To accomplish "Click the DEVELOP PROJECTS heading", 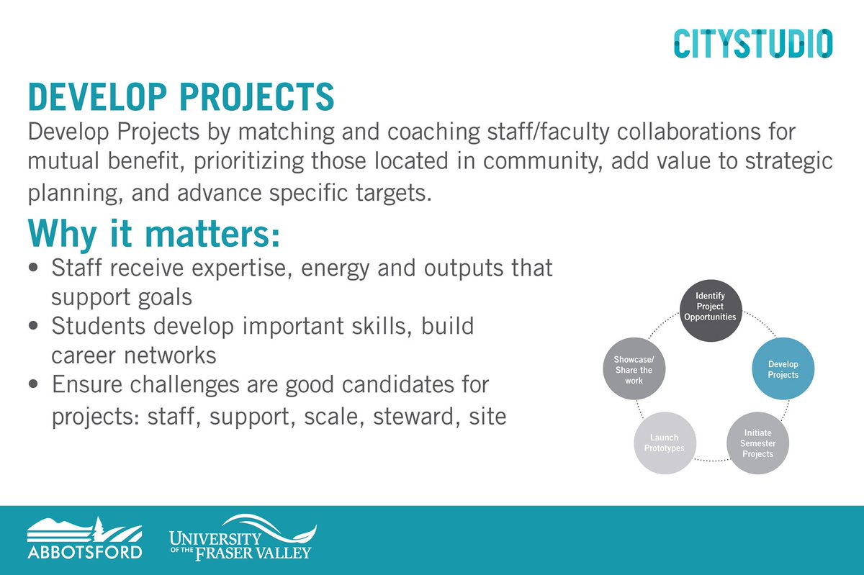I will tap(181, 97).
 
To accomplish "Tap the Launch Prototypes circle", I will tap(664, 443).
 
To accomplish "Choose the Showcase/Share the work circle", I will tap(634, 370).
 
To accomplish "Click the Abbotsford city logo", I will tap(84, 538).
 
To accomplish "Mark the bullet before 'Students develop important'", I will tap(35, 327).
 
